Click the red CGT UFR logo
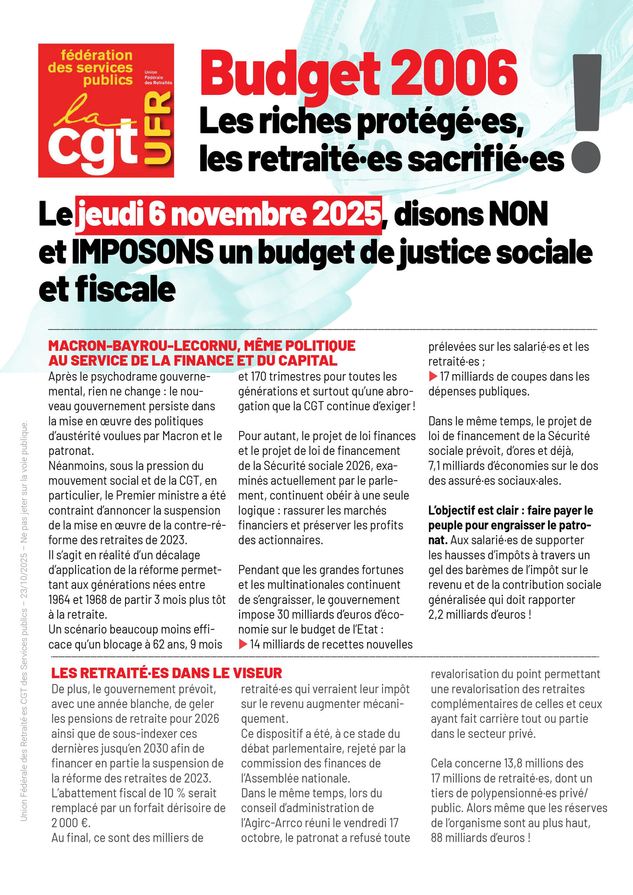[x=106, y=110]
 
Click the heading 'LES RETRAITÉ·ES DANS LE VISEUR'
[x=167, y=673]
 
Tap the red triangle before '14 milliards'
[x=243, y=644]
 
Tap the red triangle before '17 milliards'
[x=433, y=376]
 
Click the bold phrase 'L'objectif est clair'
[x=472, y=510]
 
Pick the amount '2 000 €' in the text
[x=70, y=823]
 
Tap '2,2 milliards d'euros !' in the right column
[x=480, y=614]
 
